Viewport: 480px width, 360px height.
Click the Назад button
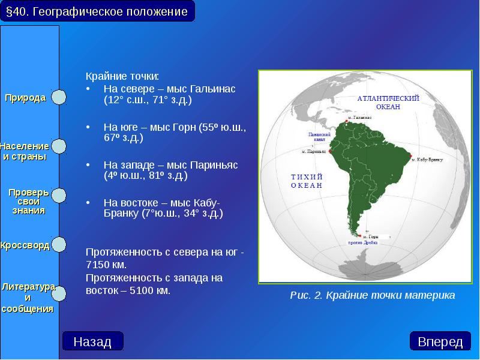92,341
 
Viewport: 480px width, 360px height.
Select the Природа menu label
26,98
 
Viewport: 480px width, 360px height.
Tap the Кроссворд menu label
25,245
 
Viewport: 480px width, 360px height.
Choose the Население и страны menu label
25,151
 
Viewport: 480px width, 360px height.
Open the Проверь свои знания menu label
28,201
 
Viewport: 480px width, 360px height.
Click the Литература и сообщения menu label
28,298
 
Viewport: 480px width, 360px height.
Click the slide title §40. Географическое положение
97,11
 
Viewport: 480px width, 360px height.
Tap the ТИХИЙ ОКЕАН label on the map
307,181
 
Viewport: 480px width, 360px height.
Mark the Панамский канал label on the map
319,138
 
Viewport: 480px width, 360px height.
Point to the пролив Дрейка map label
363,243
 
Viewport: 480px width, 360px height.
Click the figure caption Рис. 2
372,295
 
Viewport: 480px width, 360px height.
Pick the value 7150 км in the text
108,264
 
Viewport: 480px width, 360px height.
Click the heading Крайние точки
122,76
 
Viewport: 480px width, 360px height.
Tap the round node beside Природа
58,98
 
